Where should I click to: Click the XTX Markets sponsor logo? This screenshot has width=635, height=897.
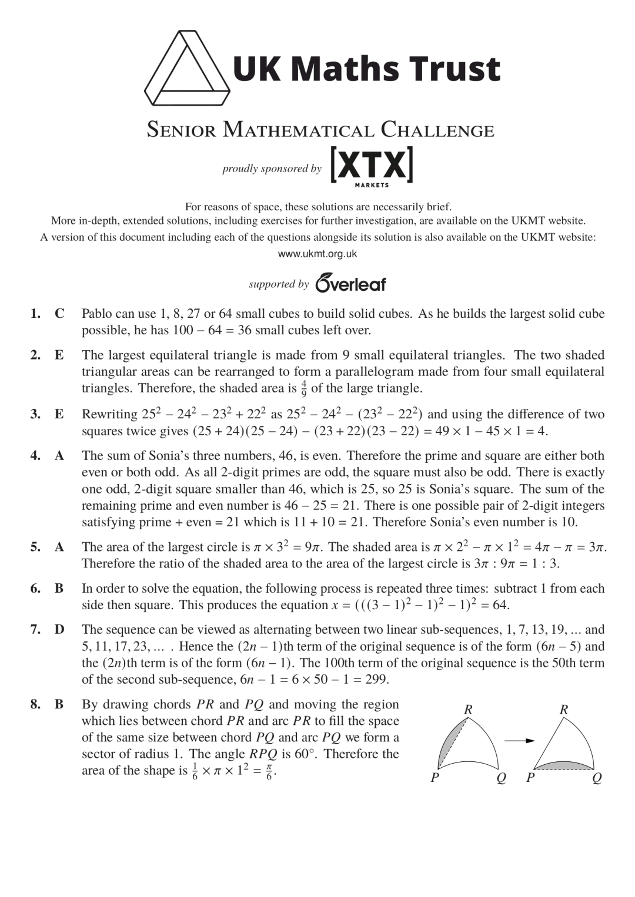click(372, 167)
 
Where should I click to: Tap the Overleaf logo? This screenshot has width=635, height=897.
click(351, 283)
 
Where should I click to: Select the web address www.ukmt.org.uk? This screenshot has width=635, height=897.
click(317, 254)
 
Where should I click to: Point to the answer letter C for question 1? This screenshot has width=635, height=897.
click(59, 314)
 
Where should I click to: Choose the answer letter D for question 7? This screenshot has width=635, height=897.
click(59, 630)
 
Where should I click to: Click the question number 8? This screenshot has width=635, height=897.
click(35, 704)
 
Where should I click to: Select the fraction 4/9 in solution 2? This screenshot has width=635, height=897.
click(304, 388)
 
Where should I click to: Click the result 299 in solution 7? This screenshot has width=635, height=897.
click(377, 680)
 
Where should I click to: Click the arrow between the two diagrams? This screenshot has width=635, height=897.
click(519, 741)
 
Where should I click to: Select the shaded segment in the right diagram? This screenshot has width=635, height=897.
click(563, 764)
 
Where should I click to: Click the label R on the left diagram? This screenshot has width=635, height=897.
click(468, 710)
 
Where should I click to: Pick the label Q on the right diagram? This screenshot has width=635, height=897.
click(597, 778)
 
